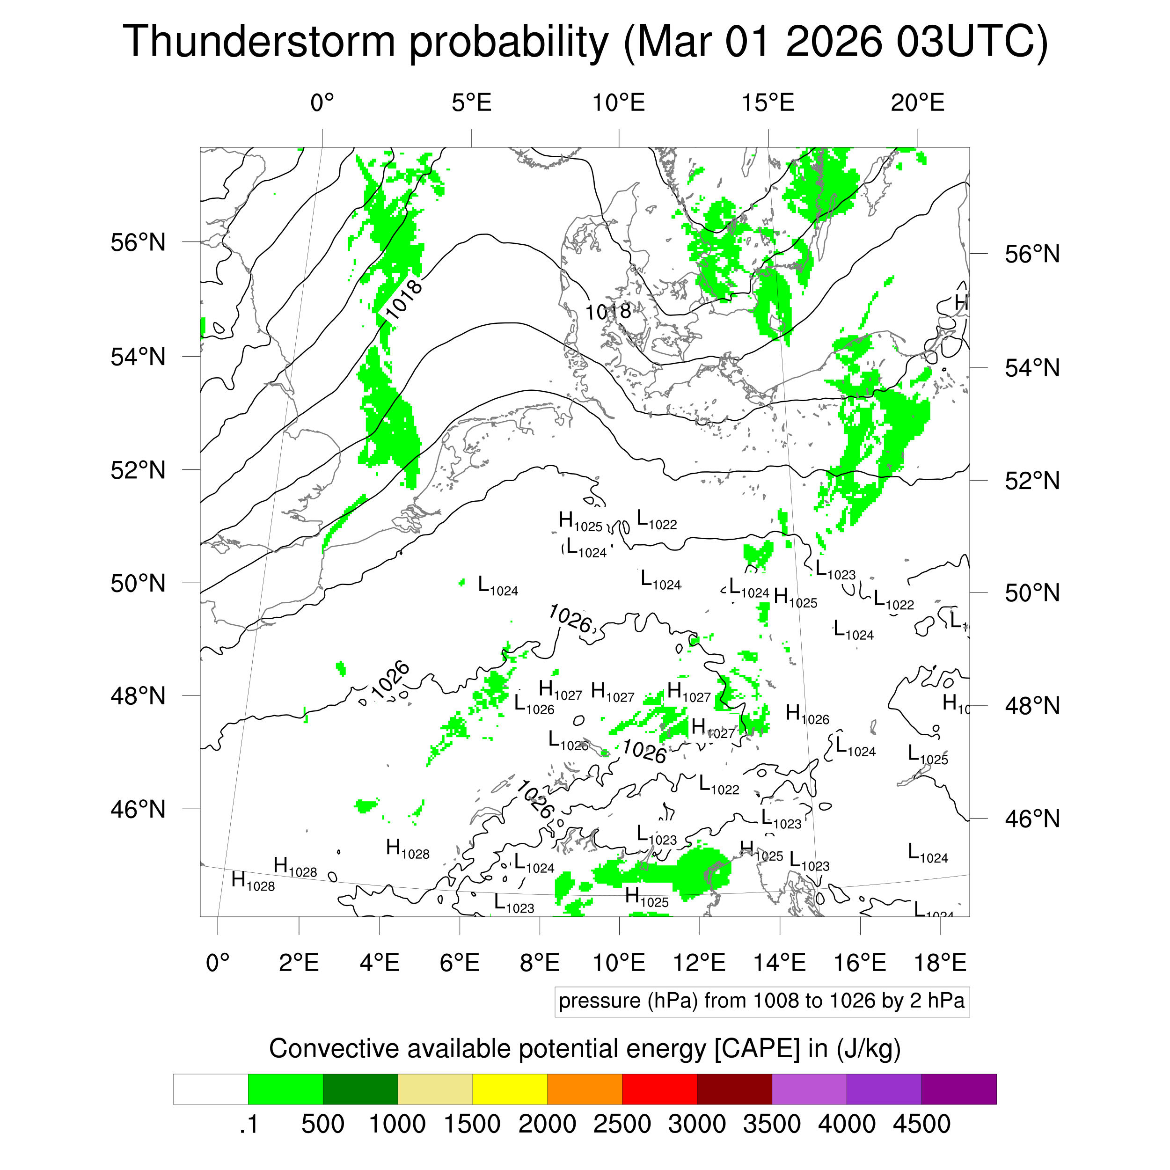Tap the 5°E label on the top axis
[471, 103]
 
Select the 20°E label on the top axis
[917, 103]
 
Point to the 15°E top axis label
[768, 103]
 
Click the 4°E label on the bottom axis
[379, 962]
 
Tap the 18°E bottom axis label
[939, 962]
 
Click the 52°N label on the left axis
[138, 470]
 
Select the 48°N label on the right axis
[1032, 706]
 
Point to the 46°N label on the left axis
[138, 809]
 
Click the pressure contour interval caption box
[761, 1001]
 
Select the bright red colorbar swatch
[659, 1090]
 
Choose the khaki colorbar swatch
[435, 1090]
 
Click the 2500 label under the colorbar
[622, 1124]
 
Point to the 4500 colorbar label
[921, 1124]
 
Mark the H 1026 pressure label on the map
[807, 715]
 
